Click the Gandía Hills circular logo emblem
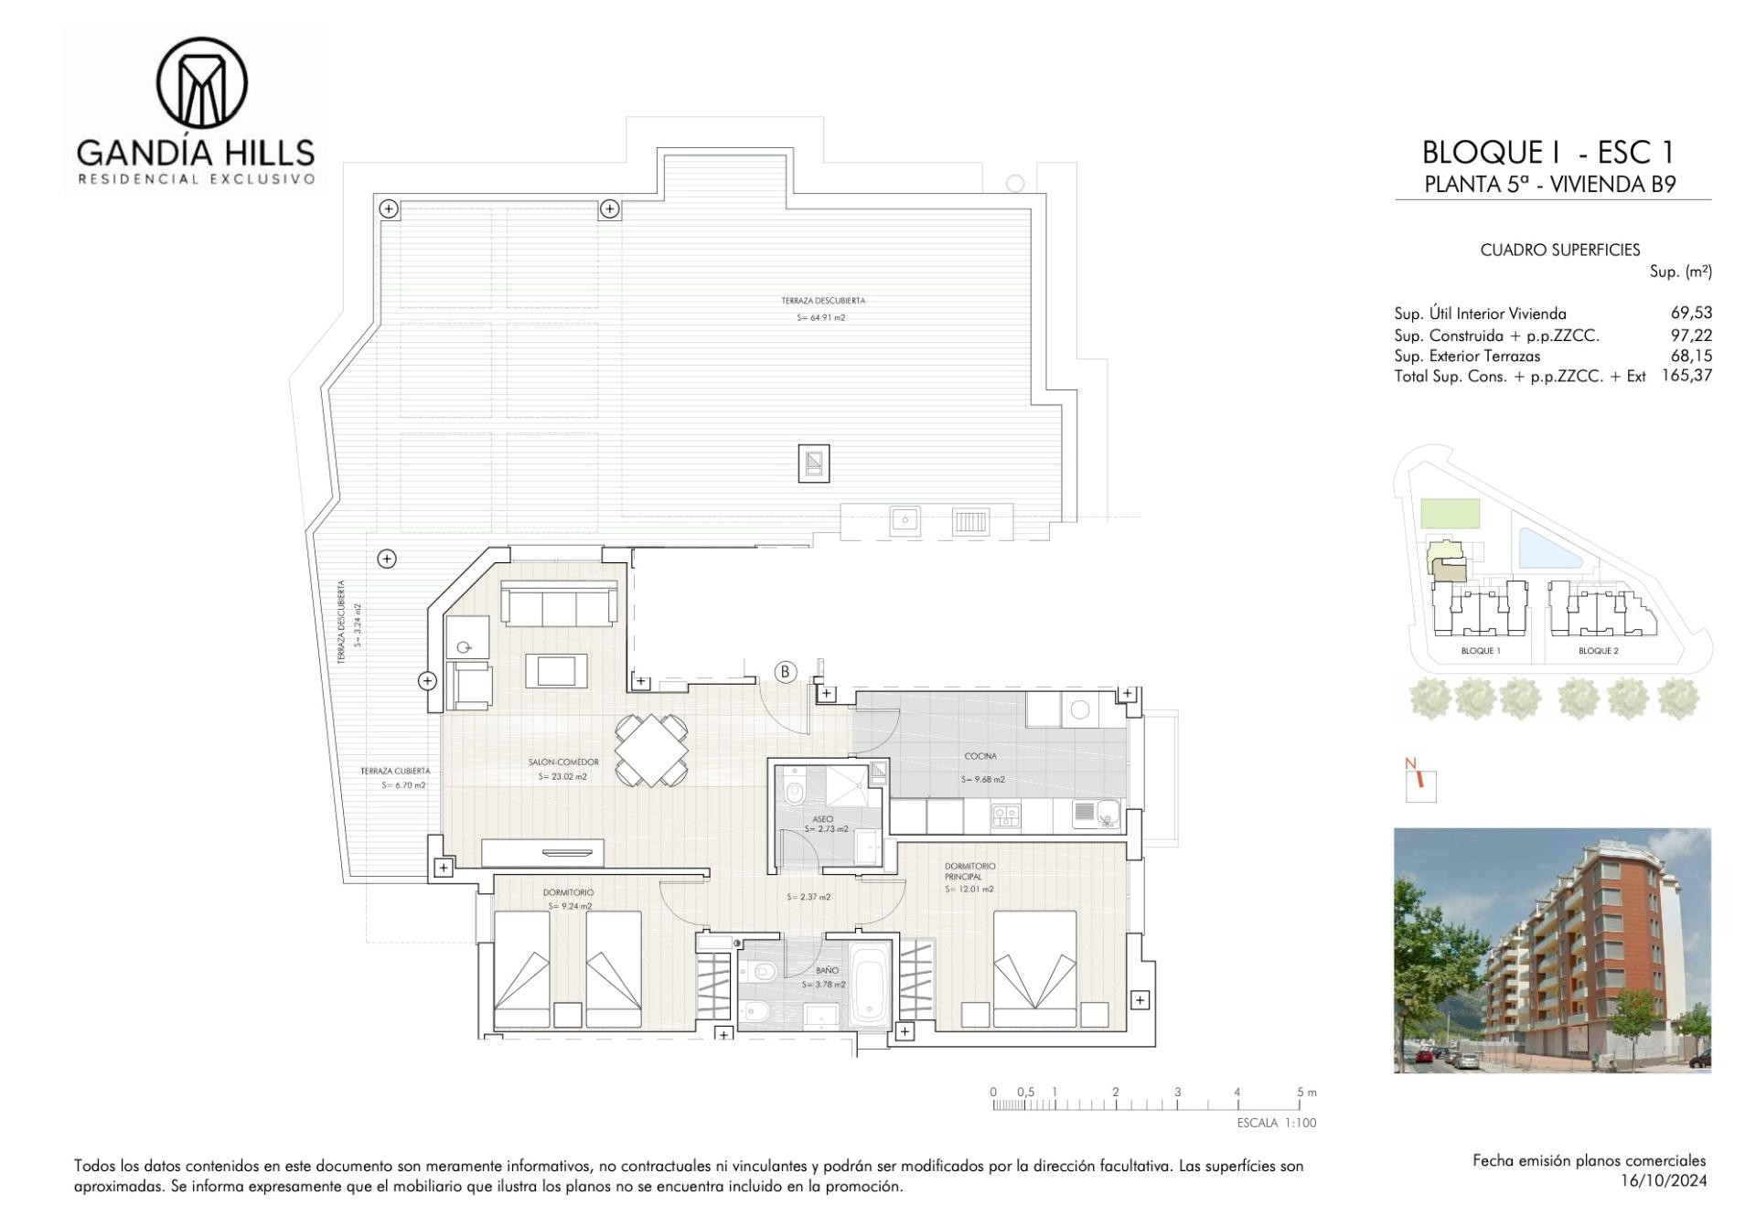pyautogui.click(x=202, y=83)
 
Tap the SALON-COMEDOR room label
pyautogui.click(x=563, y=762)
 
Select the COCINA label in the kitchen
pyautogui.click(x=980, y=756)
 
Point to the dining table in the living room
pyautogui.click(x=651, y=751)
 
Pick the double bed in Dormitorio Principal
pyautogui.click(x=1035, y=969)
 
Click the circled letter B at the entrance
pyautogui.click(x=785, y=672)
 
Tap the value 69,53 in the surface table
pyautogui.click(x=1691, y=314)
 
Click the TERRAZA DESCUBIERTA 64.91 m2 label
pyautogui.click(x=822, y=309)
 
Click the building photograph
pyautogui.click(x=1552, y=950)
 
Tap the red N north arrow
pyautogui.click(x=1419, y=778)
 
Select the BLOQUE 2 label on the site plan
pyautogui.click(x=1598, y=651)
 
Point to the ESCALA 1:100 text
pyautogui.click(x=1277, y=1123)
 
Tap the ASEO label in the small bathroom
pyautogui.click(x=823, y=818)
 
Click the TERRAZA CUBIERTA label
pyautogui.click(x=395, y=771)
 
